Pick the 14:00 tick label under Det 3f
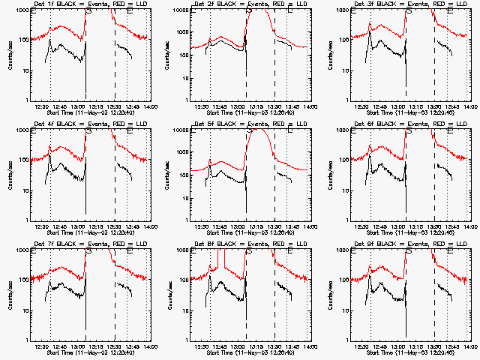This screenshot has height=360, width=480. pyautogui.click(x=471, y=106)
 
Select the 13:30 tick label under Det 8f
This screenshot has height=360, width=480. pyautogui.click(x=275, y=346)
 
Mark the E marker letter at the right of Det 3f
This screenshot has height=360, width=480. pyautogui.click(x=449, y=12)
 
